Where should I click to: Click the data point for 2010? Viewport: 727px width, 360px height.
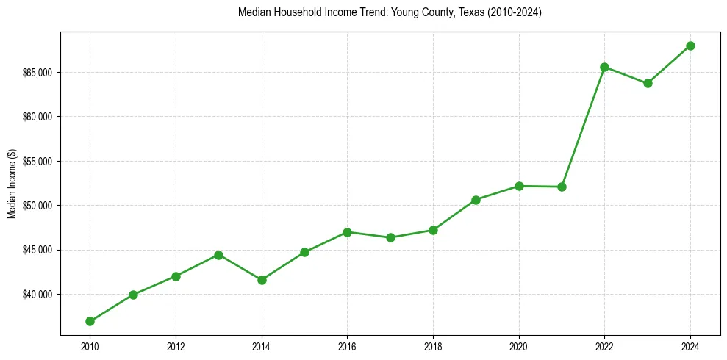tap(90, 321)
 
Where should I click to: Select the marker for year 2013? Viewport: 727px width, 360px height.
tap(218, 255)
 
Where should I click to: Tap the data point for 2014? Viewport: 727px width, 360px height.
tap(262, 280)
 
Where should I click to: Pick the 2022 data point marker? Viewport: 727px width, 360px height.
tap(604, 67)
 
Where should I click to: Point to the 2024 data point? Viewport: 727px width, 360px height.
tap(690, 46)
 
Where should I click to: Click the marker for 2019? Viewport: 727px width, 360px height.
tap(476, 200)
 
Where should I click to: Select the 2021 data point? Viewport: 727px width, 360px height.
tap(562, 187)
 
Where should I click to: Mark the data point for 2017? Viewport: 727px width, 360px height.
tap(390, 237)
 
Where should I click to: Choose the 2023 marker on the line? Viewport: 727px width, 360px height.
tap(648, 83)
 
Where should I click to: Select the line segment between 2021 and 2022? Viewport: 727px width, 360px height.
tap(583, 126)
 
